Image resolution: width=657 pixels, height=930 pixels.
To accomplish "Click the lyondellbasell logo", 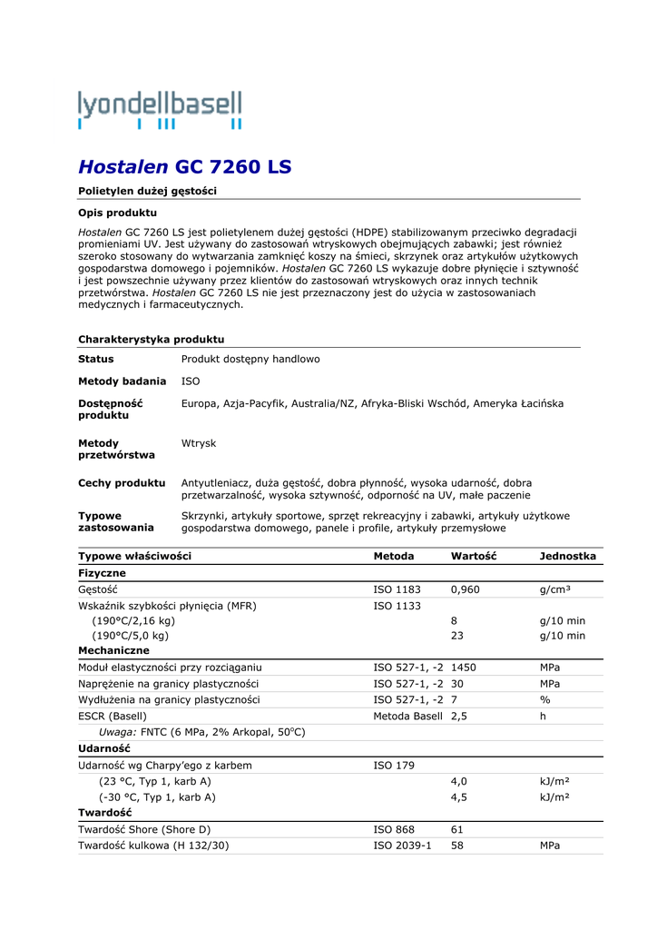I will (x=160, y=109).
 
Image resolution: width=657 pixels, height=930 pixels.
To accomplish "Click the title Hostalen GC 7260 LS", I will (x=184, y=167).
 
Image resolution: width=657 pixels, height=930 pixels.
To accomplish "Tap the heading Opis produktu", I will (x=117, y=213).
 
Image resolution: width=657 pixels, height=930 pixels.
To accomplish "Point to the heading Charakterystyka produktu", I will (x=151, y=339).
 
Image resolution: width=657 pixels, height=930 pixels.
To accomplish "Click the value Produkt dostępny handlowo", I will (x=250, y=359).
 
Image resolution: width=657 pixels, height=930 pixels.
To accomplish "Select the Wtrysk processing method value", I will (x=199, y=443).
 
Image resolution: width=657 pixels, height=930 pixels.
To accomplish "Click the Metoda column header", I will (x=394, y=556).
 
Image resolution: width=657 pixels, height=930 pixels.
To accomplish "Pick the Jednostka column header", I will (x=567, y=556).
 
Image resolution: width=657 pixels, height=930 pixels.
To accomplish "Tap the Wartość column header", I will (x=474, y=556).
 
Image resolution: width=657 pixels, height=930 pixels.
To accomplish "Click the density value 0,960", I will (x=466, y=589).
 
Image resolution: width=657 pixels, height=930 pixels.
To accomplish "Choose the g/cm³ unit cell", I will (x=555, y=589).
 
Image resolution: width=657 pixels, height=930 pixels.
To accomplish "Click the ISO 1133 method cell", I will (x=397, y=606).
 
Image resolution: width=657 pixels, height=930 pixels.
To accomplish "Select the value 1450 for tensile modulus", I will (x=464, y=667).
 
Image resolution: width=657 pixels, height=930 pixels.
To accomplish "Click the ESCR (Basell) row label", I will (x=113, y=716).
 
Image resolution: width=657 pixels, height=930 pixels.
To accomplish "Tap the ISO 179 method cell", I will (x=394, y=766).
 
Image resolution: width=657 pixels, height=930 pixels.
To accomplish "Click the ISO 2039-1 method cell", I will (x=403, y=846).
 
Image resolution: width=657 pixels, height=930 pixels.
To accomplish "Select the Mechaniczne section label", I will (x=113, y=650).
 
